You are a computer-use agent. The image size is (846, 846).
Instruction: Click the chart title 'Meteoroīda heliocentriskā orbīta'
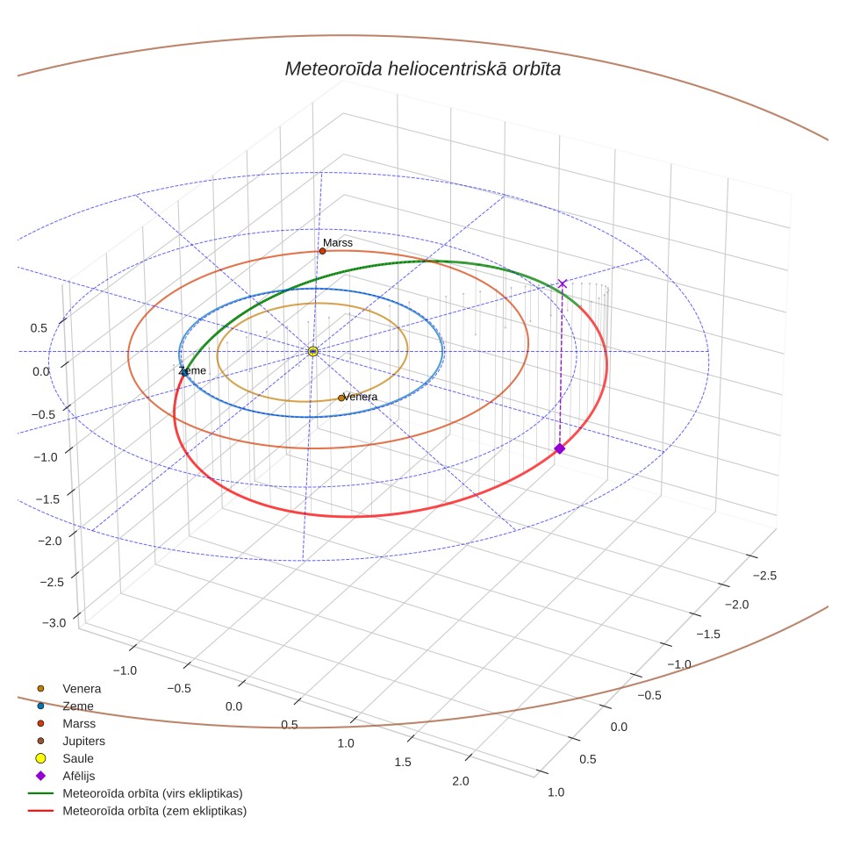[422, 69]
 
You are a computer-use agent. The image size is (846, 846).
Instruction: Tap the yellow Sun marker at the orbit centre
[313, 352]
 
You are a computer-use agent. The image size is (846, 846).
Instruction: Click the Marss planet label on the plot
[338, 243]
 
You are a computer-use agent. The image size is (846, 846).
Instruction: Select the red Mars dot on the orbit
[323, 251]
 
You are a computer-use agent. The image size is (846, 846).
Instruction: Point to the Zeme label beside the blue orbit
[192, 370]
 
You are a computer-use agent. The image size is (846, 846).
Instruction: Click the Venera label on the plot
[360, 397]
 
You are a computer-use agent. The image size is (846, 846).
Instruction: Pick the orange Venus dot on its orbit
[341, 398]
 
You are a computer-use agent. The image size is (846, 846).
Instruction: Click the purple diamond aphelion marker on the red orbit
[560, 448]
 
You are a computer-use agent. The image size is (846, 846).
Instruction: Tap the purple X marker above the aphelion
[563, 283]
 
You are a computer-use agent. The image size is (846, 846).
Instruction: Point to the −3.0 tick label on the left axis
[54, 623]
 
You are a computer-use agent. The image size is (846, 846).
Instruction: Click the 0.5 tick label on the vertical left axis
[39, 328]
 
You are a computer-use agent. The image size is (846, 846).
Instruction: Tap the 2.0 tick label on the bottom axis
[460, 781]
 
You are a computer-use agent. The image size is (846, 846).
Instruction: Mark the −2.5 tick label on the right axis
[765, 576]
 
